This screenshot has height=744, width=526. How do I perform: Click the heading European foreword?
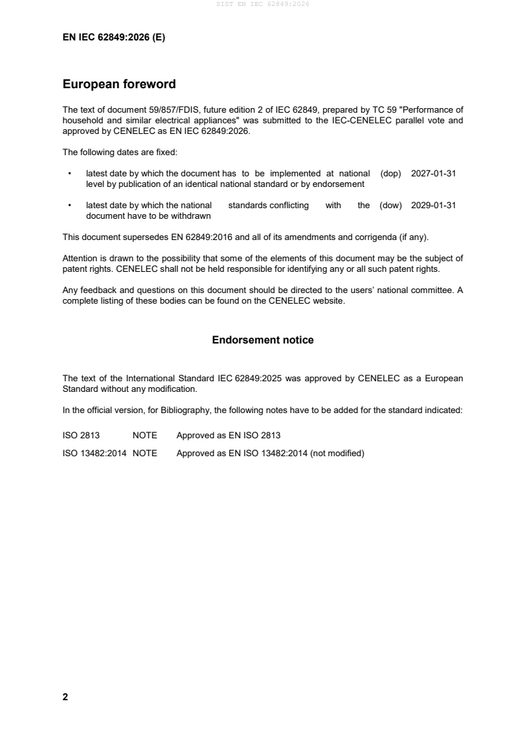[119, 84]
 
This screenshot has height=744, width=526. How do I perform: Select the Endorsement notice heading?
[263, 340]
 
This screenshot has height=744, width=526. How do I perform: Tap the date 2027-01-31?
[433, 173]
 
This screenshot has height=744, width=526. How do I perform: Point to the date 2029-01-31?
[433, 206]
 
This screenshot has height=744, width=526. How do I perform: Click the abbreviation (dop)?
[391, 173]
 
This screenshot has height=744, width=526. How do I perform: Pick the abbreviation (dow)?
[391, 206]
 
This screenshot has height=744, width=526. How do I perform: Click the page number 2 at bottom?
[65, 697]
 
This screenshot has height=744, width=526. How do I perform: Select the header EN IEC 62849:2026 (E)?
[113, 38]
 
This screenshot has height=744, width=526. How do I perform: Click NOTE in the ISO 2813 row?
[145, 436]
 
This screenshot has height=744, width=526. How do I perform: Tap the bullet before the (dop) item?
[70, 173]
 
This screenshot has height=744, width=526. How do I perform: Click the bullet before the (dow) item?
[70, 206]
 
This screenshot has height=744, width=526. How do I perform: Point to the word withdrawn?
[191, 216]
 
